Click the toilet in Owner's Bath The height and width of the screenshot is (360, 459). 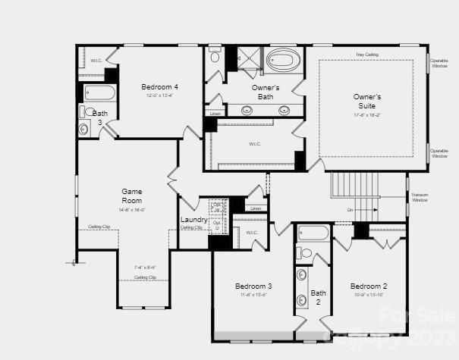215,55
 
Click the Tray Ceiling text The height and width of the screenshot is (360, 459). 367,55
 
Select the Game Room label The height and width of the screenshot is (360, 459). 132,196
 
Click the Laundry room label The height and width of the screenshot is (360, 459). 193,220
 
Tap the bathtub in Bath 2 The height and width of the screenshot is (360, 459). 313,233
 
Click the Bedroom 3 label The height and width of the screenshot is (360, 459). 253,286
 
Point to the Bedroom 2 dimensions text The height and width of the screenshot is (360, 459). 369,295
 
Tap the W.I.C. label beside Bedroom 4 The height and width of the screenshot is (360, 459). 96,60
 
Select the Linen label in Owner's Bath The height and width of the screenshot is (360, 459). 215,114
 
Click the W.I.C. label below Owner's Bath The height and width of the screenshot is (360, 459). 255,142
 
